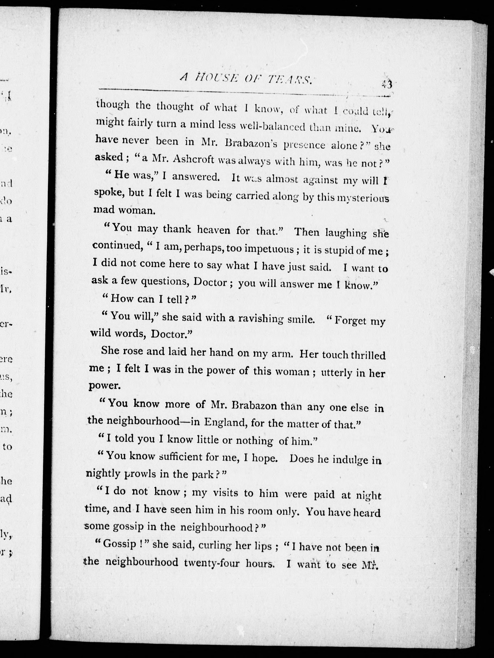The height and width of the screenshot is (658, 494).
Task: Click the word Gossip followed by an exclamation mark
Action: point(119,544)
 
